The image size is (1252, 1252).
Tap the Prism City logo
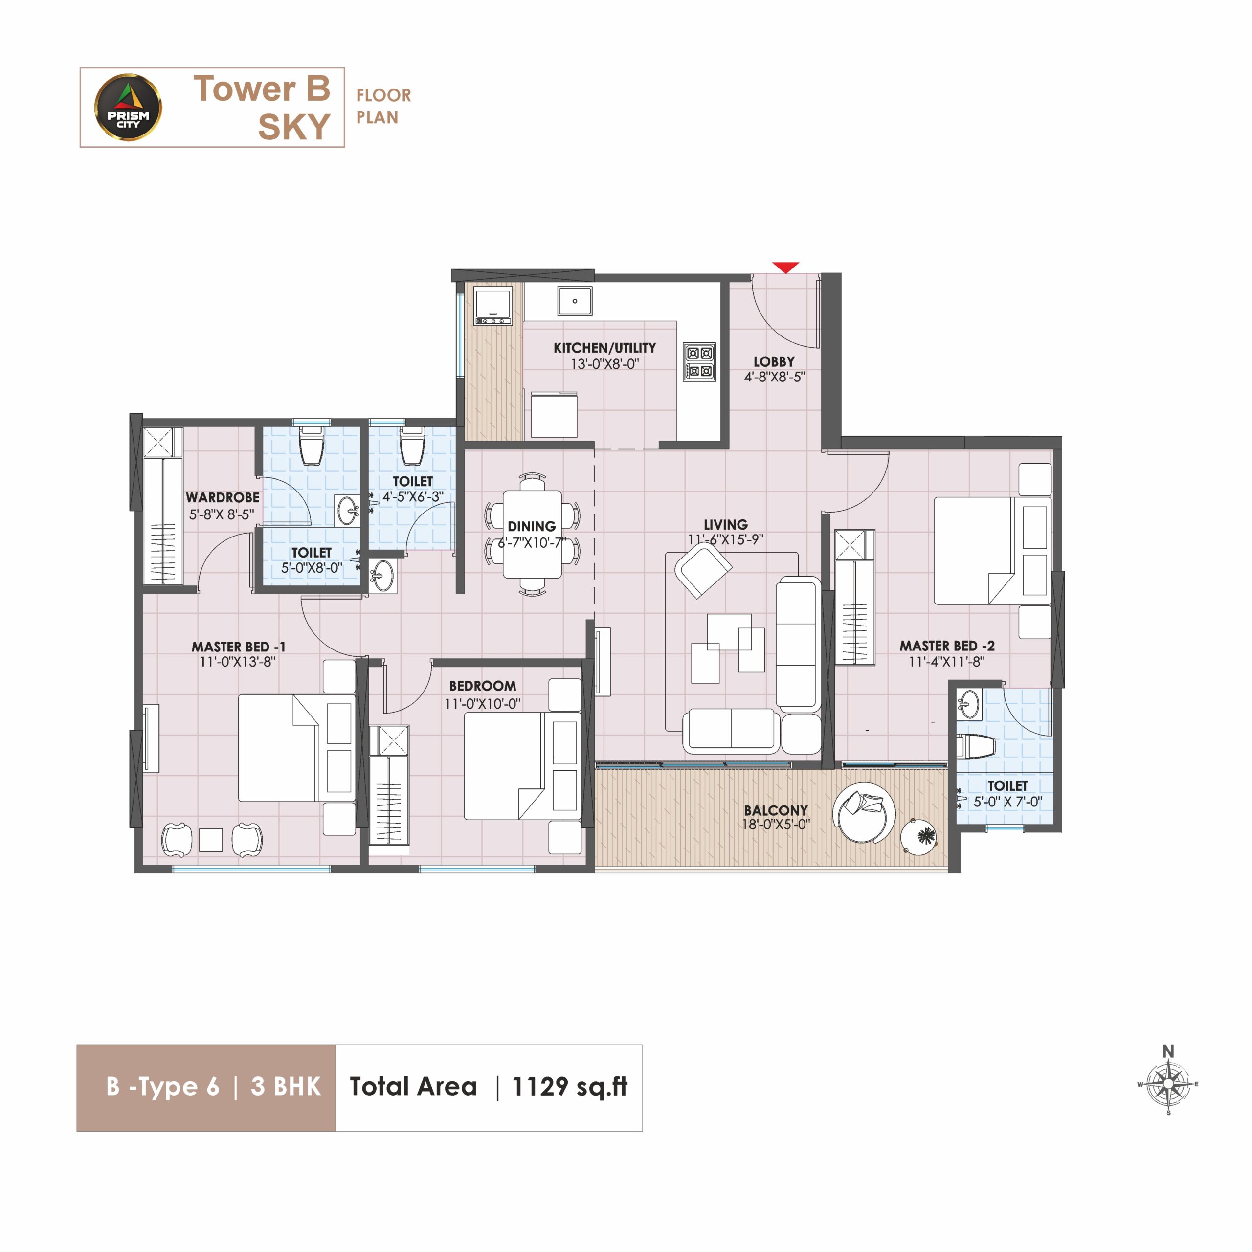pos(128,108)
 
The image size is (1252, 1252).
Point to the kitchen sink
pos(575,301)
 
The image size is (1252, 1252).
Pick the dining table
pos(533,534)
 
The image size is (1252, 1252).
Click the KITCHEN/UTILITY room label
pos(604,348)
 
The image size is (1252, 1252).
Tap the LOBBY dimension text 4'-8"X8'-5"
pos(774,377)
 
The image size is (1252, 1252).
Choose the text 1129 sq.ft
pos(570,1087)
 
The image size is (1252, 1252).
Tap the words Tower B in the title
pos(262,89)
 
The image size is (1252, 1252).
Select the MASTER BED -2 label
pos(947,646)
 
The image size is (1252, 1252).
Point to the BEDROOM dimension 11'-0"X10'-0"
pos(483,704)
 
